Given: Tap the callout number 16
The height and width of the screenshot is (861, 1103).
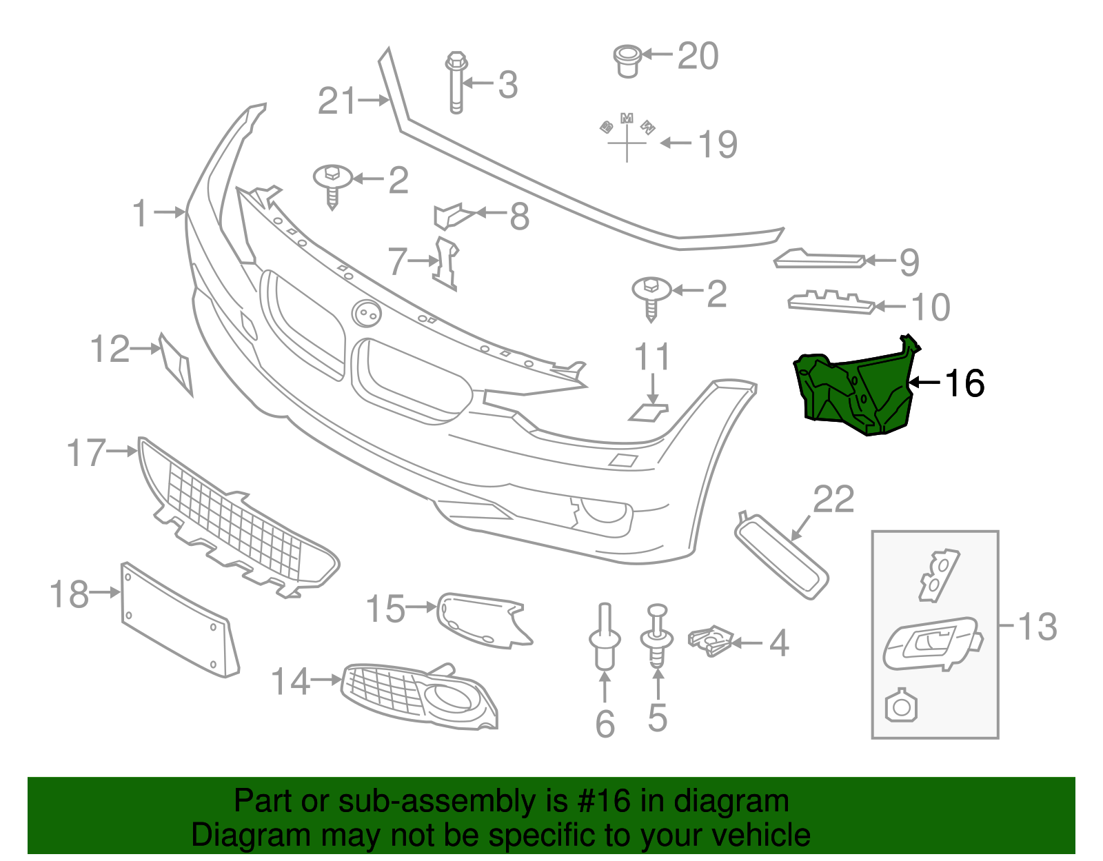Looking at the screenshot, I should tap(964, 383).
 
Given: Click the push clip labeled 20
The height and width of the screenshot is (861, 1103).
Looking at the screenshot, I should tap(627, 60).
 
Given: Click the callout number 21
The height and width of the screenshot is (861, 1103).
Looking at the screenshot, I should tap(337, 101).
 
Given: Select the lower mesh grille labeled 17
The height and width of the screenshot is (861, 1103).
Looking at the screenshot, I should tap(234, 531).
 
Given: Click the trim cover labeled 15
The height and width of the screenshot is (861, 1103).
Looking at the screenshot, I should tap(483, 619).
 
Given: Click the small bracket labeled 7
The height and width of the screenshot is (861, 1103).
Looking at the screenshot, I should tap(446, 263).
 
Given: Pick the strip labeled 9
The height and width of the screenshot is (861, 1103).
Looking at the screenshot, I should tap(819, 260).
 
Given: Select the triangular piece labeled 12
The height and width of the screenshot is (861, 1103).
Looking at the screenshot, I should tap(176, 363).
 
